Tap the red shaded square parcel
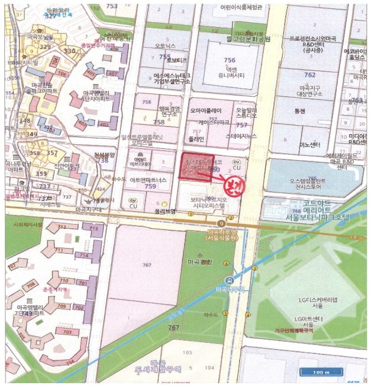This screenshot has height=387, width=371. tap(197, 168)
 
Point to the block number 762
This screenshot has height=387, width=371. tap(310, 75)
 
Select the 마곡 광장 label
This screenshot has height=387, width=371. tap(198, 262)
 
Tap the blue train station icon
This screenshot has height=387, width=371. tap(229, 279)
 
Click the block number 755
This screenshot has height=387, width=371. tap(164, 56)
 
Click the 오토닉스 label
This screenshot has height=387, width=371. tap(165, 46)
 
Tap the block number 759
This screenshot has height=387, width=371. tap(149, 187)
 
